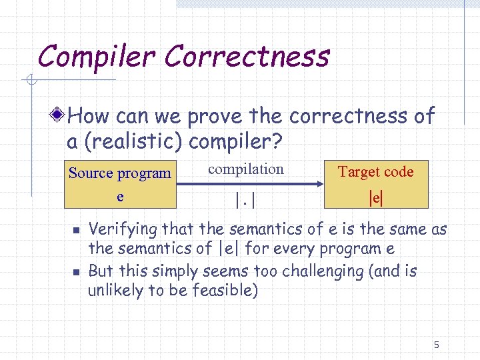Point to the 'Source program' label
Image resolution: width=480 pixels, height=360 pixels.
point(120,173)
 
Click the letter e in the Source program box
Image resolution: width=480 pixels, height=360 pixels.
point(120,197)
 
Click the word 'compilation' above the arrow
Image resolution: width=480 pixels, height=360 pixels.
point(245,169)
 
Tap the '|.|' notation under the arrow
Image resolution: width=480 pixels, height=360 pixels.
point(245,199)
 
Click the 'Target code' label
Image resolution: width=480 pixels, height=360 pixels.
point(375,172)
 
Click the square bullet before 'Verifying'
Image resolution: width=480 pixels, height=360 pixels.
point(76,231)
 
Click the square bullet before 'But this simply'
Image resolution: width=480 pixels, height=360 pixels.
point(76,272)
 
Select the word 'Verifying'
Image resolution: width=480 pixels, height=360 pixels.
point(123,230)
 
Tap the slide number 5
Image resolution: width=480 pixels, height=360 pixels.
point(436,345)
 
